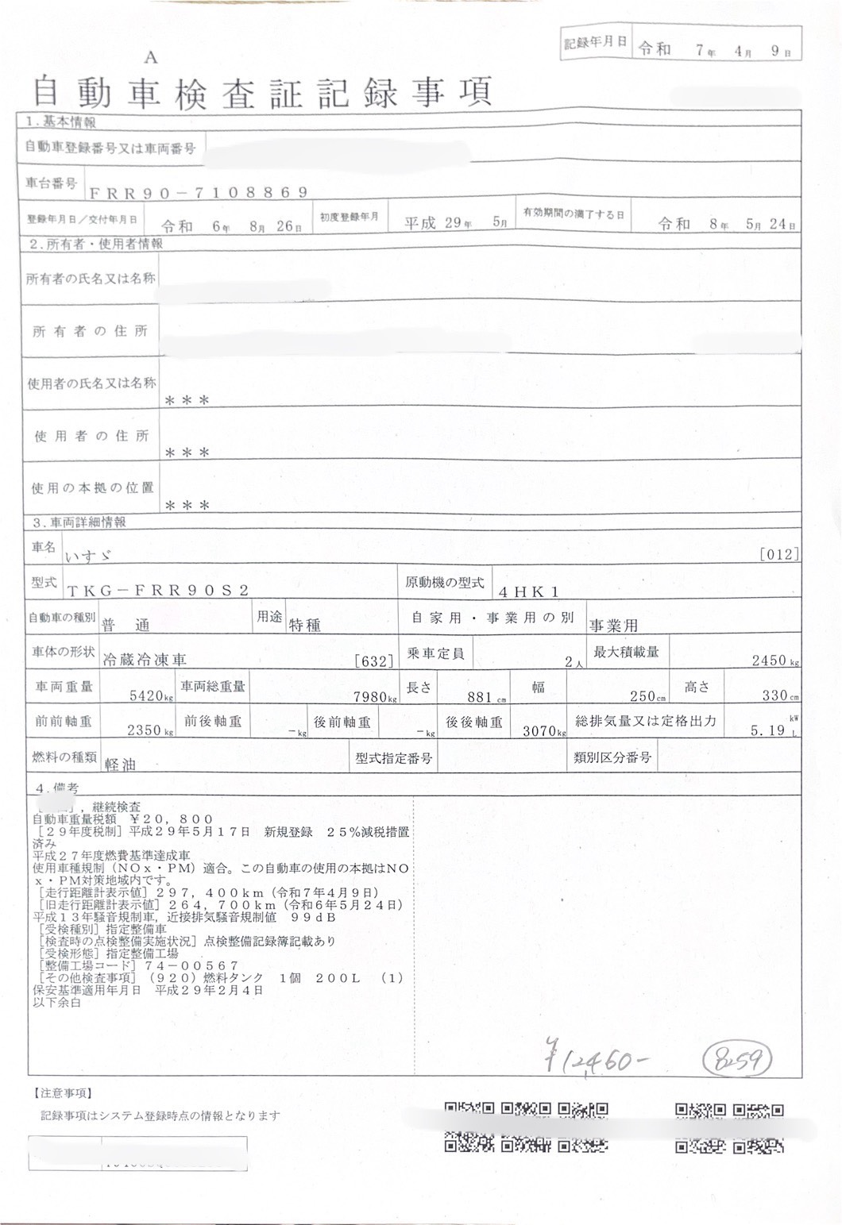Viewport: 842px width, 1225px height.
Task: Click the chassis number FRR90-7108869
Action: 198,192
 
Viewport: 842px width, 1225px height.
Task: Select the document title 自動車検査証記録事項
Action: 262,92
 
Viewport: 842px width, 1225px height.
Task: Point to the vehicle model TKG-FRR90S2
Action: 158,589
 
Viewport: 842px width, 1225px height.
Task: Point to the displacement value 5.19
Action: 767,730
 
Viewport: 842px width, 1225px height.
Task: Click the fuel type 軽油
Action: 120,764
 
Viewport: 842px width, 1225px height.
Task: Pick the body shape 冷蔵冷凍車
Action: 145,659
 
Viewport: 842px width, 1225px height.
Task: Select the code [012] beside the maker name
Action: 778,554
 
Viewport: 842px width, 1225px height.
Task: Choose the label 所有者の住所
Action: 90,331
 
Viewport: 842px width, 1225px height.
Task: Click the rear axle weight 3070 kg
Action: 543,730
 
